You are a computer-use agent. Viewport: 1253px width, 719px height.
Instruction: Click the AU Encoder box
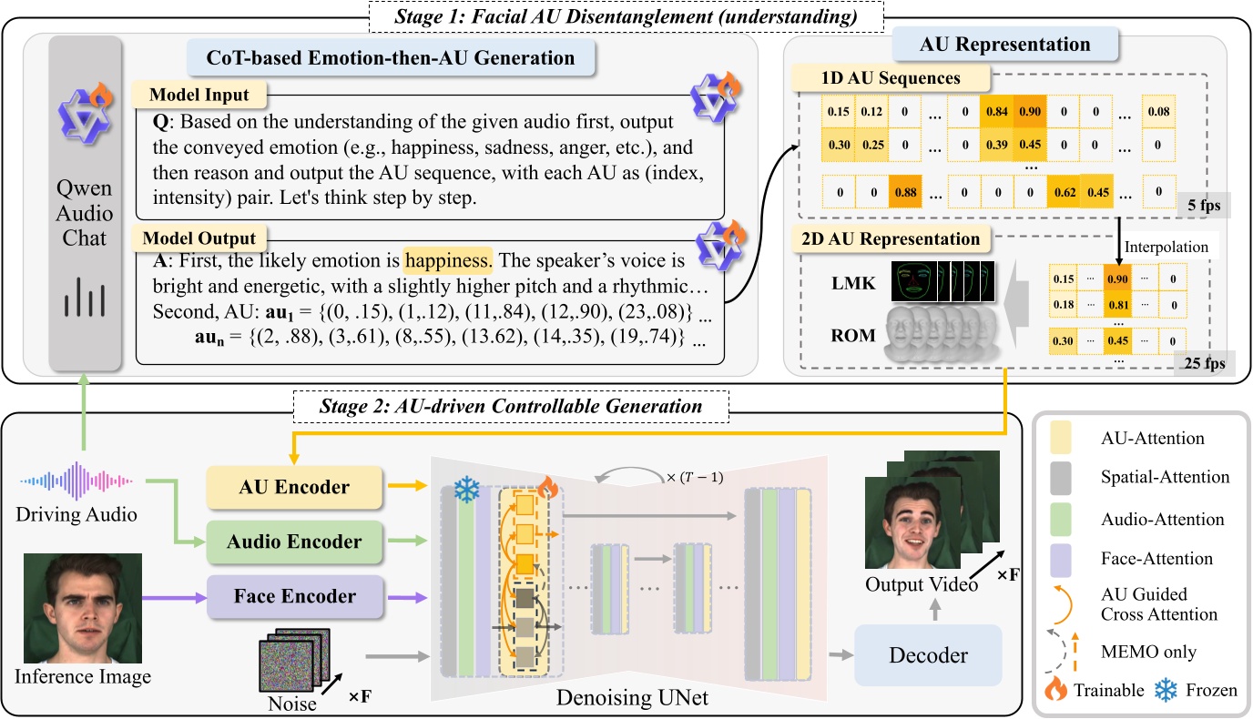pyautogui.click(x=287, y=487)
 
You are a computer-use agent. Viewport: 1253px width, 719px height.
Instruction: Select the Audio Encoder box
pyautogui.click(x=287, y=542)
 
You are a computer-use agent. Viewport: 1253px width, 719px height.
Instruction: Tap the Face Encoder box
pyautogui.click(x=287, y=596)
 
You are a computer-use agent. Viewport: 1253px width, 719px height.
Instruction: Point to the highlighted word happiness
pyautogui.click(x=448, y=262)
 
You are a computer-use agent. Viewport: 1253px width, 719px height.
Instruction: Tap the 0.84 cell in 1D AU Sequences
pyautogui.click(x=998, y=112)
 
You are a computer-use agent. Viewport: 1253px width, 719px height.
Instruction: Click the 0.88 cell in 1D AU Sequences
pyautogui.click(x=880, y=192)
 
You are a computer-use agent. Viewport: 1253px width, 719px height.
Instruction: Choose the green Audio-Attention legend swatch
pyautogui.click(x=1063, y=519)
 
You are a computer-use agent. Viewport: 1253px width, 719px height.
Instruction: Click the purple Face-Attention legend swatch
pyautogui.click(x=1063, y=559)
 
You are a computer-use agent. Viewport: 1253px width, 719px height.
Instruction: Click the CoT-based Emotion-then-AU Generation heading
pyautogui.click(x=392, y=59)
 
